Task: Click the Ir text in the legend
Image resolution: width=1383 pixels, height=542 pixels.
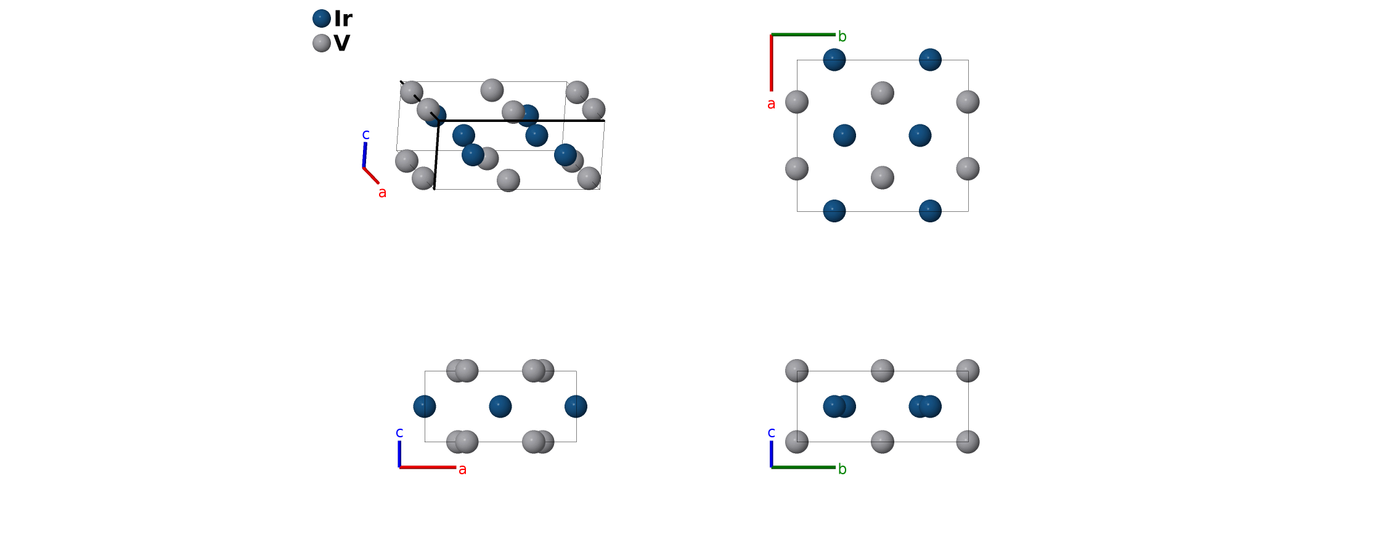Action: [x=343, y=19]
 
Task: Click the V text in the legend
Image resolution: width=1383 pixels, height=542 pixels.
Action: [x=341, y=43]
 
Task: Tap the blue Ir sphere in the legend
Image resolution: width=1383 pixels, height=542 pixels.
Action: [x=322, y=18]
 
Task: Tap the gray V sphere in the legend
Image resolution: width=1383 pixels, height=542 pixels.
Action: [x=322, y=43]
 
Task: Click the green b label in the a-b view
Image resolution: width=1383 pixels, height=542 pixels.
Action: [x=842, y=37]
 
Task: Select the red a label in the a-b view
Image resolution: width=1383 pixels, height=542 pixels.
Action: [x=771, y=104]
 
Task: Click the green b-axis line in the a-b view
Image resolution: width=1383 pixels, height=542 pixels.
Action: [x=803, y=34]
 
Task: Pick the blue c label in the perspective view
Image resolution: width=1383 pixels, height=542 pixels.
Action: [x=365, y=134]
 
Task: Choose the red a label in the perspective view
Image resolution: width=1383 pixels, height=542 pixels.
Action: [x=382, y=193]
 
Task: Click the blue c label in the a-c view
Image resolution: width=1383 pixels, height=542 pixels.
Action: [x=399, y=432]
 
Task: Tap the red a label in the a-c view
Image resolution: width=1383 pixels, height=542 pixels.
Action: [x=462, y=469]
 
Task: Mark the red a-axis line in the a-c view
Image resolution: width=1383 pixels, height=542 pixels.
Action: [x=428, y=467]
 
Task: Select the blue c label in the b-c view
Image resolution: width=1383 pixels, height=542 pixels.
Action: [x=771, y=432]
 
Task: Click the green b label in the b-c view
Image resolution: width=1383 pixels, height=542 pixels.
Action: [x=842, y=469]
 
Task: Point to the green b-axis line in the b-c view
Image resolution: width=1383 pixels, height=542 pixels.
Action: [x=803, y=467]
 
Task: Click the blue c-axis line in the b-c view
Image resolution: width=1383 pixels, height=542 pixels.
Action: [x=771, y=454]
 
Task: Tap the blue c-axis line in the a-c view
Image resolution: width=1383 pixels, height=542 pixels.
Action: [x=399, y=454]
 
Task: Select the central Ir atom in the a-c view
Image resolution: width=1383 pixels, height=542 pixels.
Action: [x=500, y=407]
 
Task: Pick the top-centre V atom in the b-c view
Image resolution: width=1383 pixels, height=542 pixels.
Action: [x=882, y=371]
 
